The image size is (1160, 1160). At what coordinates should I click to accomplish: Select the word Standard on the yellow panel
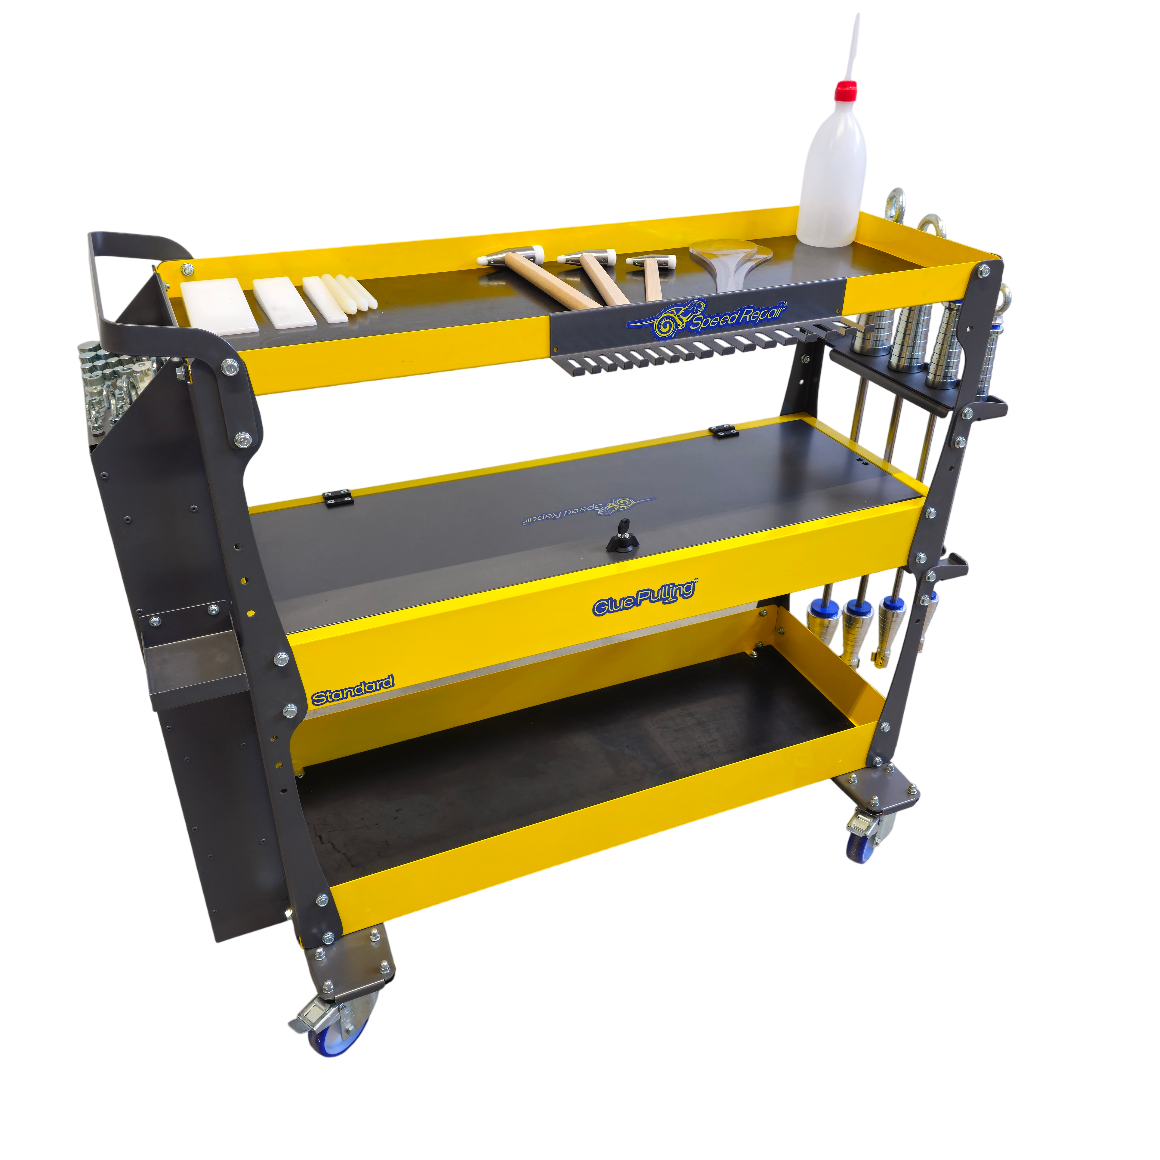coord(352,689)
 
